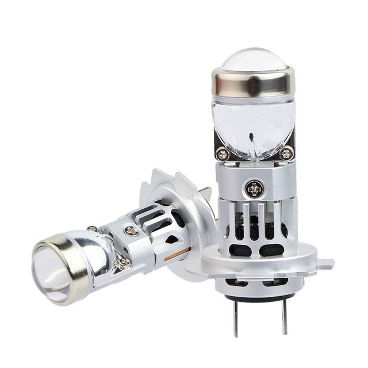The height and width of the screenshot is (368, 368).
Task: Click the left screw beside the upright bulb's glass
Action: [x=223, y=154]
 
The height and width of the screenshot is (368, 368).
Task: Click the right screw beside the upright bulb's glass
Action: [x=286, y=153]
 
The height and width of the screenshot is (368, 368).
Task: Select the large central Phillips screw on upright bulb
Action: [x=253, y=187]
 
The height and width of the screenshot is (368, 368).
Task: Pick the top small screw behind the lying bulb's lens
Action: [x=92, y=229]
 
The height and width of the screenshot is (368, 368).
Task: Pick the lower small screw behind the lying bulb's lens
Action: [x=122, y=263]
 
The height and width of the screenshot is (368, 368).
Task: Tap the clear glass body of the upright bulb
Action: [x=253, y=124]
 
